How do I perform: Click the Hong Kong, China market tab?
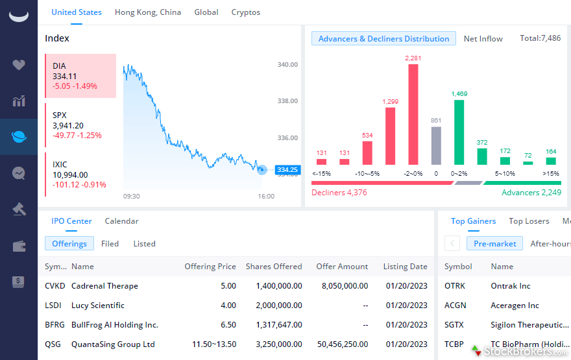(x=148, y=12)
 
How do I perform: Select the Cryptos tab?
(x=246, y=12)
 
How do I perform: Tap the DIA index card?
(x=80, y=76)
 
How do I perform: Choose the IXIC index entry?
(x=80, y=174)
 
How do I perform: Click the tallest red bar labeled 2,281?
(x=413, y=114)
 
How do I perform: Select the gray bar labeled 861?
(x=436, y=145)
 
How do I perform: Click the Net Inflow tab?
(x=483, y=39)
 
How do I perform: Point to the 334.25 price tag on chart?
(x=286, y=170)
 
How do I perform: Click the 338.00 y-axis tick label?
(x=287, y=101)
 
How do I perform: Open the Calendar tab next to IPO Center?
(x=121, y=221)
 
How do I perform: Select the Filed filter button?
(x=110, y=244)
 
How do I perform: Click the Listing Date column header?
(x=405, y=267)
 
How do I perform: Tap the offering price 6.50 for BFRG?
(x=228, y=325)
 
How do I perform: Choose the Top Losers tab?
(x=529, y=221)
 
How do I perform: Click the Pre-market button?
(x=494, y=244)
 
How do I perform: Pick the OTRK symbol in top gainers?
(x=455, y=286)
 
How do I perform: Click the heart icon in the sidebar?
(x=19, y=65)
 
